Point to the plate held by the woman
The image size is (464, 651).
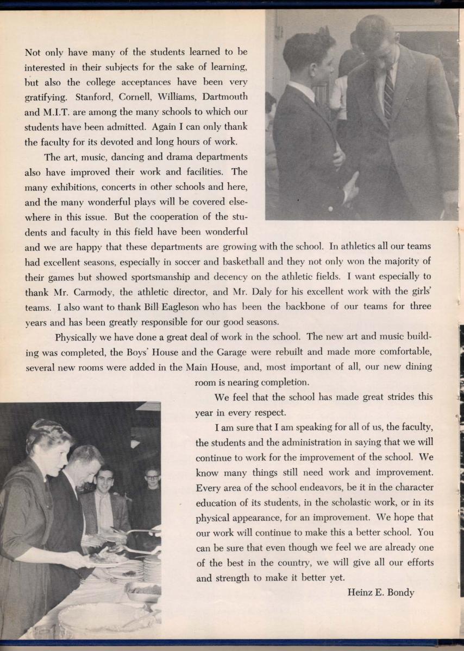click(106, 561)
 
